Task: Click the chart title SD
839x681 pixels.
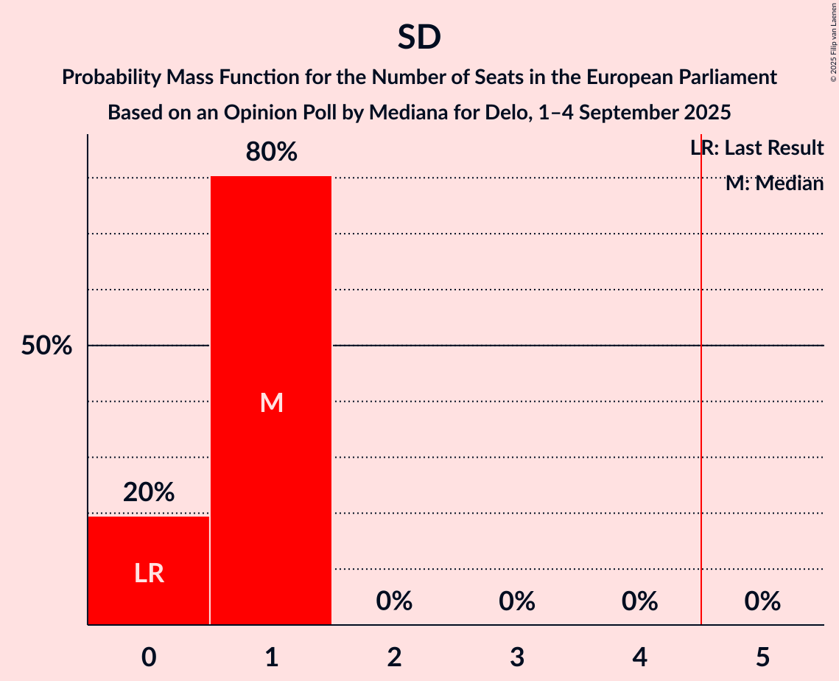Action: tap(419, 38)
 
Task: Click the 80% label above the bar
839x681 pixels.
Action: tap(271, 153)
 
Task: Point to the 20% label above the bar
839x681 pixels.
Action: tap(149, 492)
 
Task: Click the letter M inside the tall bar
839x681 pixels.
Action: tap(271, 402)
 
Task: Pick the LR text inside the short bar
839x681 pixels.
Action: tap(149, 573)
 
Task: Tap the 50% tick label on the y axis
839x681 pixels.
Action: tap(46, 346)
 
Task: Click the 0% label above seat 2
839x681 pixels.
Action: tap(394, 601)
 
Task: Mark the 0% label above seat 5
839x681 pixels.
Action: tap(762, 601)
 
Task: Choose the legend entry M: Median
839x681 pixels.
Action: tap(774, 184)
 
